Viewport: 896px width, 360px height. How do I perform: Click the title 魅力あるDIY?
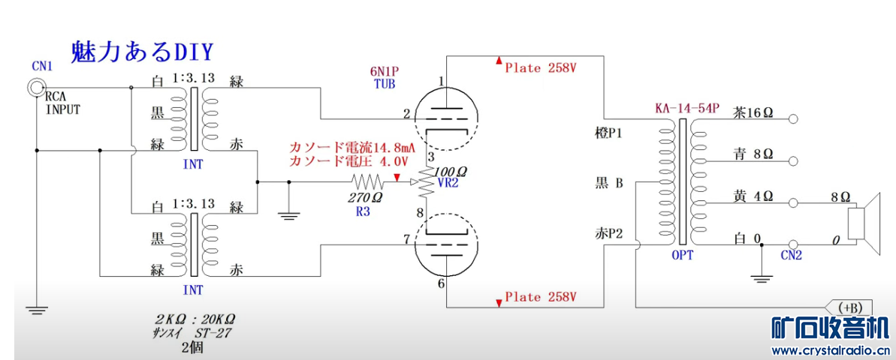142,52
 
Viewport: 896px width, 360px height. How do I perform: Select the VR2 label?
448,183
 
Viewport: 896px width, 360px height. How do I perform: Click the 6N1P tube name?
383,71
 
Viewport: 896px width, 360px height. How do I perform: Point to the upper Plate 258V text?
540,67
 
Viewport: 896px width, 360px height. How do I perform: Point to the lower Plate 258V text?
540,297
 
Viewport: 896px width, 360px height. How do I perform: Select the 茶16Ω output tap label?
753,112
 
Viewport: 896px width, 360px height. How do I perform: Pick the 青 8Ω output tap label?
753,154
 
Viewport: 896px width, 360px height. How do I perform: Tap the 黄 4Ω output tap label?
753,196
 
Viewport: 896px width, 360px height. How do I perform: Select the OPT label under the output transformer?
681,256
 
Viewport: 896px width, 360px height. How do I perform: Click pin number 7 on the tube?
406,239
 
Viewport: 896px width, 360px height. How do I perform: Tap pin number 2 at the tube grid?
406,114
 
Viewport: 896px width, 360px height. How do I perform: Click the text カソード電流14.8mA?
349,147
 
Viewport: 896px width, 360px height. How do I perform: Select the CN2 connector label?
790,256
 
